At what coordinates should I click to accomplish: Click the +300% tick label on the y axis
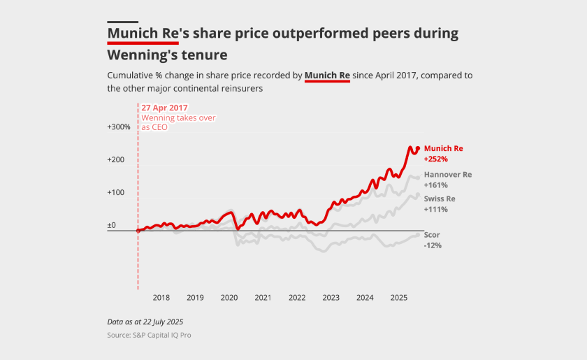click(x=119, y=127)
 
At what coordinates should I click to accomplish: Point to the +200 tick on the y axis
click(x=116, y=159)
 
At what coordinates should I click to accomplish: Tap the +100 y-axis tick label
click(x=116, y=192)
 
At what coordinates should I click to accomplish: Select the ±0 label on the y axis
click(x=111, y=225)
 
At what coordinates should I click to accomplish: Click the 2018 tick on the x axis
click(x=161, y=298)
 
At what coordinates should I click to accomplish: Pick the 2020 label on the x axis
click(x=229, y=298)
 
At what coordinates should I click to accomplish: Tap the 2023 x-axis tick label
click(x=331, y=298)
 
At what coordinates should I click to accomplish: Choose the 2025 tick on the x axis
click(x=398, y=298)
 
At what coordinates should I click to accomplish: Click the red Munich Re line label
click(x=443, y=148)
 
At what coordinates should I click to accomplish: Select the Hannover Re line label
click(x=448, y=174)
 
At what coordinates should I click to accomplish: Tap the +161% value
click(x=436, y=185)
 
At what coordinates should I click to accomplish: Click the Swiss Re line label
click(x=440, y=199)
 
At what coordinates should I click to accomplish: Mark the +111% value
click(x=435, y=210)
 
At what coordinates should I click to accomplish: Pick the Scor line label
click(x=432, y=234)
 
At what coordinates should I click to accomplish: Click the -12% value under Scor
click(x=433, y=245)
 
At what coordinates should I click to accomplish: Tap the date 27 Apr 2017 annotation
click(x=165, y=108)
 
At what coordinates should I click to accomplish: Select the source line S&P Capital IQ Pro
click(x=149, y=336)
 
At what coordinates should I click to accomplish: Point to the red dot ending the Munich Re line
click(x=418, y=149)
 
